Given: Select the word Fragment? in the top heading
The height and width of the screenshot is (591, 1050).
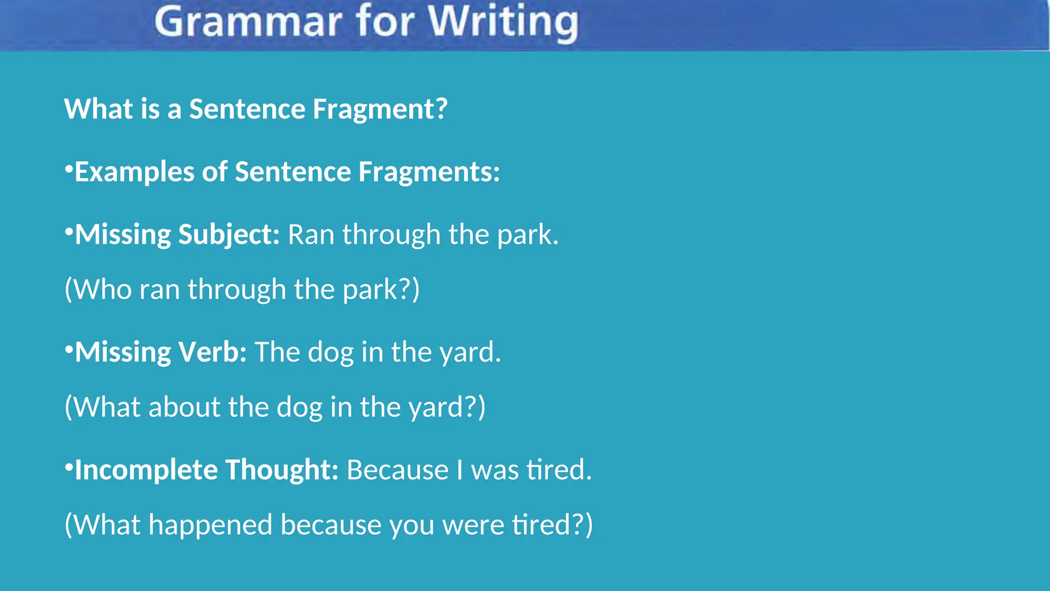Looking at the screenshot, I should click(x=380, y=109).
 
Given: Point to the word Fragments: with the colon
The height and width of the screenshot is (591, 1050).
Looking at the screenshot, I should click(x=429, y=171).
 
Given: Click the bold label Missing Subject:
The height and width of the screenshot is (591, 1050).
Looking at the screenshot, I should click(x=177, y=234).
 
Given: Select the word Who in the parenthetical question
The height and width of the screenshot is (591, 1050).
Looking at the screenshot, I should click(x=103, y=289).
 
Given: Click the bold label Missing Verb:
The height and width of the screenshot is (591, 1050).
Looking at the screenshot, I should click(x=160, y=352).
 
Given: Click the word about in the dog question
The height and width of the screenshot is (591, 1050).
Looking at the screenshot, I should click(x=184, y=407).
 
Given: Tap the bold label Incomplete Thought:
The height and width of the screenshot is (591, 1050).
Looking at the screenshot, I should click(x=206, y=469).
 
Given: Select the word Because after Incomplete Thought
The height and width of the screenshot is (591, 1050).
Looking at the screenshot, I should click(x=398, y=469).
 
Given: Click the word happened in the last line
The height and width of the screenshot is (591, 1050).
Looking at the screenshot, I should click(x=210, y=524).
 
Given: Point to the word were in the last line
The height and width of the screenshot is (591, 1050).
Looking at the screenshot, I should click(x=473, y=524).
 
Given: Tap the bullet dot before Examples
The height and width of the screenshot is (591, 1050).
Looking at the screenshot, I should click(x=69, y=168).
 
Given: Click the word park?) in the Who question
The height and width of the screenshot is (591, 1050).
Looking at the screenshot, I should click(x=381, y=289).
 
